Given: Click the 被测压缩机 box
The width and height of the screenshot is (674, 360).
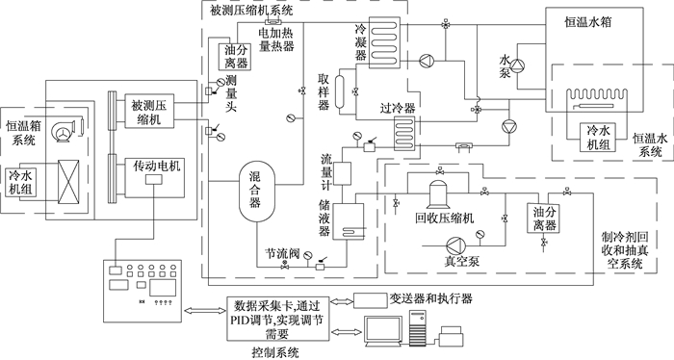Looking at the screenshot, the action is coord(149,111).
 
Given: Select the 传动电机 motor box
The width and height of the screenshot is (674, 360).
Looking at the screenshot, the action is coord(155,177).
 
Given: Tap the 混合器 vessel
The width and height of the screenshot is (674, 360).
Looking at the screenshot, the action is coord(257,192).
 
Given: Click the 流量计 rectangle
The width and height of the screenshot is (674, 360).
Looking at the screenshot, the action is coord(343,173).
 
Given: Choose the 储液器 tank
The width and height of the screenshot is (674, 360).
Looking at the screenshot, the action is coord(349,221).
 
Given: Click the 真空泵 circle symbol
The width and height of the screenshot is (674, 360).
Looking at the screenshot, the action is coord(455,246).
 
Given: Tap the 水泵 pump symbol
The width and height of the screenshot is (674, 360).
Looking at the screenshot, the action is coord(518,65).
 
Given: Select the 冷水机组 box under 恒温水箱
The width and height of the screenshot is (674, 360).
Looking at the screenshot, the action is coord(599,137).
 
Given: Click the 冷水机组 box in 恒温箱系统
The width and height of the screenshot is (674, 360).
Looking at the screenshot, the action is coord(21,182).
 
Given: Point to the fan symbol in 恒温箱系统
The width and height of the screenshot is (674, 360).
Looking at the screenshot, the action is coord(64,130).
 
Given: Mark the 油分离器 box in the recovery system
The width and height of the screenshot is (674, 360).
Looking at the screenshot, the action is coord(544,218).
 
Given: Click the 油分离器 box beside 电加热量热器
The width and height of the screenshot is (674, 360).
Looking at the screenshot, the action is coord(235,57).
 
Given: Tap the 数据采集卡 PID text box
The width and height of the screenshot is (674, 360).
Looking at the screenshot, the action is coord(278,319).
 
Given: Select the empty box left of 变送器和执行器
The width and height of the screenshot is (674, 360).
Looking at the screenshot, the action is coord(370,300).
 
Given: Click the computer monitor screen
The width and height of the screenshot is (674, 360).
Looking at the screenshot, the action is coord(383,328).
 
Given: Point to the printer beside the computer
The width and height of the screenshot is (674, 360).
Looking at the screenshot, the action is coord(452,336).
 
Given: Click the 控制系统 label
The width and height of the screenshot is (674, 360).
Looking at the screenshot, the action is coord(275,352).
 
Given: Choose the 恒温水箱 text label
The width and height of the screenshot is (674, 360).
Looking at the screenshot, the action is coord(587,22).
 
